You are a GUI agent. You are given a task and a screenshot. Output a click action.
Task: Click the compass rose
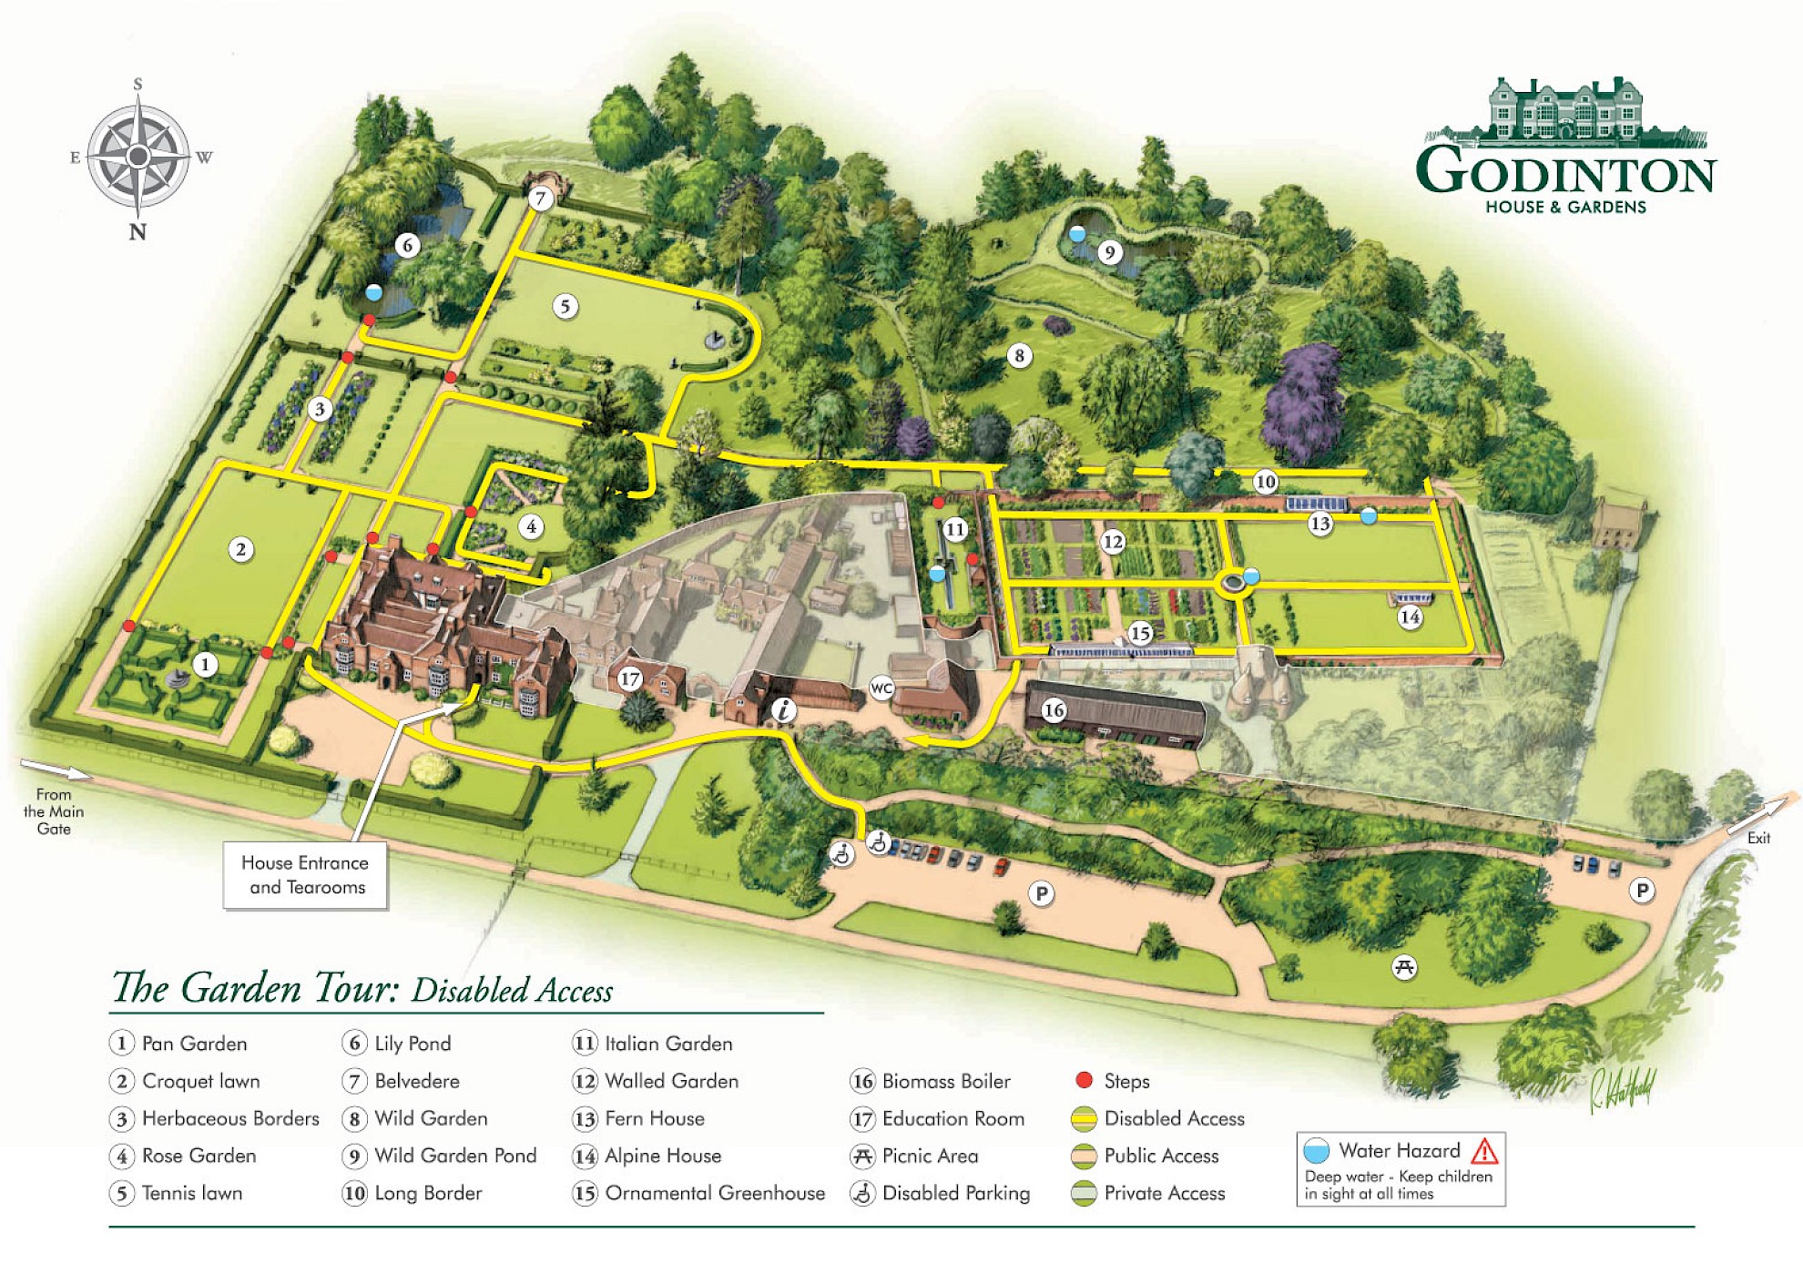click(x=138, y=157)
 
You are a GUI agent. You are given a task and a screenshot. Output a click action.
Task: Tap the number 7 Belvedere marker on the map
click(x=541, y=199)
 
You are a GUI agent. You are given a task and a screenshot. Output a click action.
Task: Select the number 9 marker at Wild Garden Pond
click(x=1109, y=252)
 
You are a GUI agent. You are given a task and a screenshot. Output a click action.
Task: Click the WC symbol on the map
click(x=881, y=688)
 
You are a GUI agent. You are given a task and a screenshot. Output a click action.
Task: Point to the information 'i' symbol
click(x=783, y=709)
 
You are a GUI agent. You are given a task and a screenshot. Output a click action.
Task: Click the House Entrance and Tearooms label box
click(x=306, y=875)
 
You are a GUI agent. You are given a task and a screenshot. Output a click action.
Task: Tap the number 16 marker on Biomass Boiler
click(x=1054, y=710)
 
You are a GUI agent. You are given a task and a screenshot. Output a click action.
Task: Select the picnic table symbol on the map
click(x=1404, y=966)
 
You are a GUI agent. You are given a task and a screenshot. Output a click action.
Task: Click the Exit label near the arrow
click(x=1758, y=838)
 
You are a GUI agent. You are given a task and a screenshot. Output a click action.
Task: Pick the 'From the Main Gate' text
click(x=54, y=811)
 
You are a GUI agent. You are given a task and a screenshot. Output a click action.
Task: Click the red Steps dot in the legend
click(x=1084, y=1080)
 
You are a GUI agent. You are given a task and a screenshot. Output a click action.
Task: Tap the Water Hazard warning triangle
click(x=1484, y=1151)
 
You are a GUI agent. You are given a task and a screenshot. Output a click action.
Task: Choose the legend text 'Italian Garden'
click(x=668, y=1044)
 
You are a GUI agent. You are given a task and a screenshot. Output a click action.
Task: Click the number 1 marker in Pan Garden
click(x=206, y=665)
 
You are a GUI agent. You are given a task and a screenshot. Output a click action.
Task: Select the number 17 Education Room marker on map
click(x=630, y=678)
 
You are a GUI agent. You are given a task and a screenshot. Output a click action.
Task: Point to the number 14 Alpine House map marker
click(x=1410, y=617)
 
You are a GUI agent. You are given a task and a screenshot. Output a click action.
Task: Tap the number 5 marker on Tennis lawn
click(x=565, y=306)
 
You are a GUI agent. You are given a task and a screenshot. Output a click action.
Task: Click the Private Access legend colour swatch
click(x=1084, y=1193)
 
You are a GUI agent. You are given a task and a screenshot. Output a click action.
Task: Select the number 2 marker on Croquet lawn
click(x=241, y=549)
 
